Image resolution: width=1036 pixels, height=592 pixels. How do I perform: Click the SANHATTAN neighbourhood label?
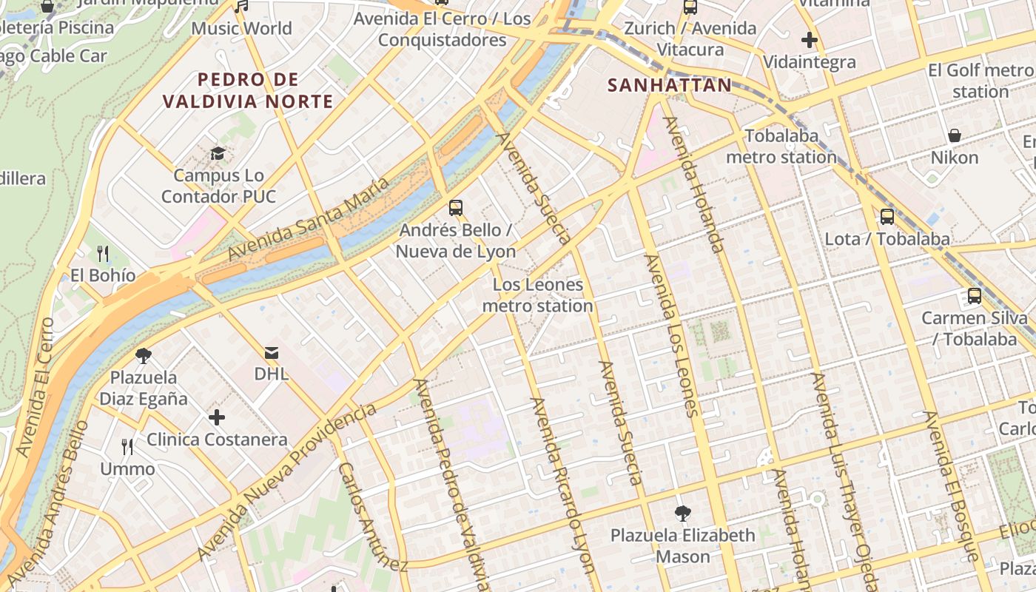[x=669, y=85]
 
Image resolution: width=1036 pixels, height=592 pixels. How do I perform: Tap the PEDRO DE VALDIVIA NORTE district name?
[x=248, y=90]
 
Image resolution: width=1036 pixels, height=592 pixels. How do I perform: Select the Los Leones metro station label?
[x=537, y=295]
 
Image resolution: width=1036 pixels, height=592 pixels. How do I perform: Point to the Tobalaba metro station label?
[x=781, y=147]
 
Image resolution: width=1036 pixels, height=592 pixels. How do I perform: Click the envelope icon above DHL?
[x=272, y=352]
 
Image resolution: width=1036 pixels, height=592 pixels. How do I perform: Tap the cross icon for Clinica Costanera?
[x=216, y=417]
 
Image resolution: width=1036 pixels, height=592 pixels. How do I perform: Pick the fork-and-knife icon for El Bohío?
[x=103, y=254]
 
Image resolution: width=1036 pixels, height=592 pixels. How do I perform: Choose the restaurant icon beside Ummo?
[x=127, y=447]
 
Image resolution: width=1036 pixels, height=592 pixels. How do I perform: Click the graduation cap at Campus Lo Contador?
[x=218, y=154]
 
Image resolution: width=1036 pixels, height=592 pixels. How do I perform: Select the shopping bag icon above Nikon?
[x=955, y=135]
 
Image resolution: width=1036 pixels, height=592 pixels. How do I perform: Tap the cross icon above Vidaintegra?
[x=809, y=40]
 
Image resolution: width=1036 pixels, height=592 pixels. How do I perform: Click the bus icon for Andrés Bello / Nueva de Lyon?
[x=456, y=208]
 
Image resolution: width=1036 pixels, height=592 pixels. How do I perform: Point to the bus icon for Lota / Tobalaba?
[x=887, y=217]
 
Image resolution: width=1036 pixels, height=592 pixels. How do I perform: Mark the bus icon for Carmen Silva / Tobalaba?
[x=974, y=296]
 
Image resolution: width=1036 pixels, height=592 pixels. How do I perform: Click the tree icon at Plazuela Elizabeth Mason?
[x=682, y=513]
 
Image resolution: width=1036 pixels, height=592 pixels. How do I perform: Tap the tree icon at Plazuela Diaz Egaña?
[x=144, y=356]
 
